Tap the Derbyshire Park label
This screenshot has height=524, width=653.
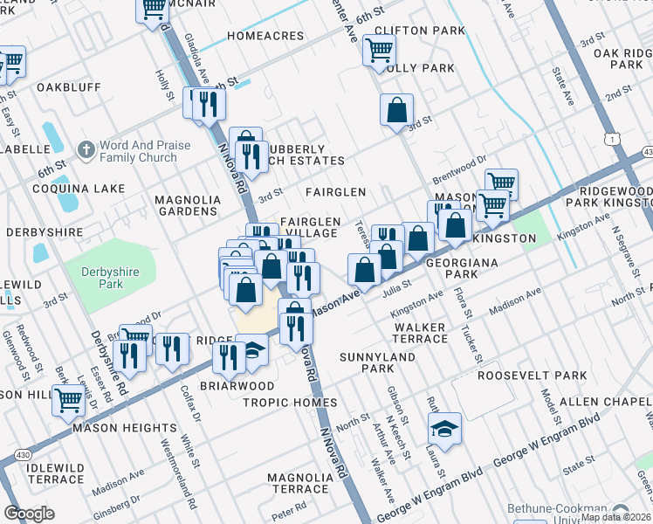coord(109,278)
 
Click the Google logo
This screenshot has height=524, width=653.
coord(30,514)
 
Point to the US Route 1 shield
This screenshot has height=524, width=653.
coord(615,139)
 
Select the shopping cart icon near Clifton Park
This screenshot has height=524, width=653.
coord(379,52)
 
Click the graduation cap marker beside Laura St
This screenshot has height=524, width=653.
coord(444,430)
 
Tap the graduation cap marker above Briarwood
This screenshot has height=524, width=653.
coord(251,350)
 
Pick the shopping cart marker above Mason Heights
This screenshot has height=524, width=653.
coord(68,401)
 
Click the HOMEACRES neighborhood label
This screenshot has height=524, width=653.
coord(265,37)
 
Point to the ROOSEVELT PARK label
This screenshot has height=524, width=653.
coord(532,376)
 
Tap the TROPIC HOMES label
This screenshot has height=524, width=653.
coord(290,403)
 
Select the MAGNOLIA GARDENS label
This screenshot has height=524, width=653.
coord(186,205)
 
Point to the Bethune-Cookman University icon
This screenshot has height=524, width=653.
coord(621,510)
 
